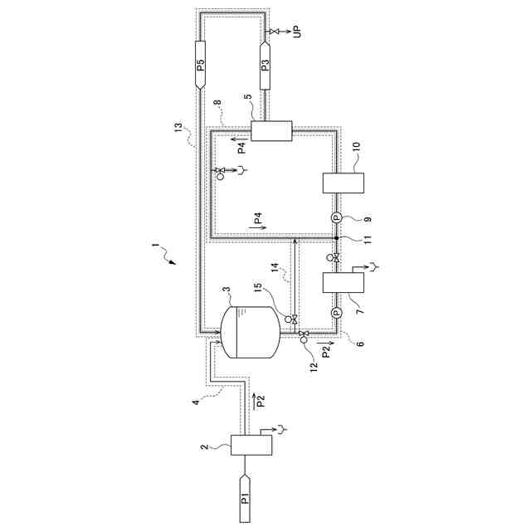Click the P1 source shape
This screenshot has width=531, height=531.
click(245, 499)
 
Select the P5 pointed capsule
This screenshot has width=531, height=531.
click(201, 65)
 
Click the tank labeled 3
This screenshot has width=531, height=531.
click(251, 332)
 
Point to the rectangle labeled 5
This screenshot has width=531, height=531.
click(271, 131)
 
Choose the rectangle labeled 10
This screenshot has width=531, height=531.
click(340, 182)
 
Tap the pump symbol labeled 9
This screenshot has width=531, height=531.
click(337, 217)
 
